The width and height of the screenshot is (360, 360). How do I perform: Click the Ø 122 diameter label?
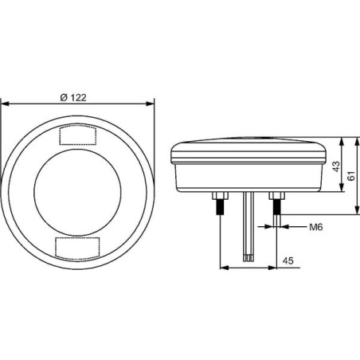pyautogui.click(x=73, y=98)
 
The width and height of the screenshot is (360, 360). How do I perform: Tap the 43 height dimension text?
pyautogui.click(x=336, y=166)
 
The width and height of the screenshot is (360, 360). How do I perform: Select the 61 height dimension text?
pyautogui.click(x=351, y=176)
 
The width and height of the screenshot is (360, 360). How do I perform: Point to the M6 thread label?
pyautogui.click(x=316, y=227)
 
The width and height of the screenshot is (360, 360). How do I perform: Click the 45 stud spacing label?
pyautogui.click(x=288, y=260)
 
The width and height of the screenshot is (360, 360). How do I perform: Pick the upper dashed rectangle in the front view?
pyautogui.click(x=78, y=135)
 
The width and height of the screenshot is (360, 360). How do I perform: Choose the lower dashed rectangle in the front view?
pyautogui.click(x=77, y=247)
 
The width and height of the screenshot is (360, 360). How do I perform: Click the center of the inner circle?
pyautogui.click(x=77, y=192)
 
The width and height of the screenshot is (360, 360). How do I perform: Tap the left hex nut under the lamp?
pyautogui.click(x=221, y=196)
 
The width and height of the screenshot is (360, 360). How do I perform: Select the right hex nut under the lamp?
pyautogui.click(x=277, y=196)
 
